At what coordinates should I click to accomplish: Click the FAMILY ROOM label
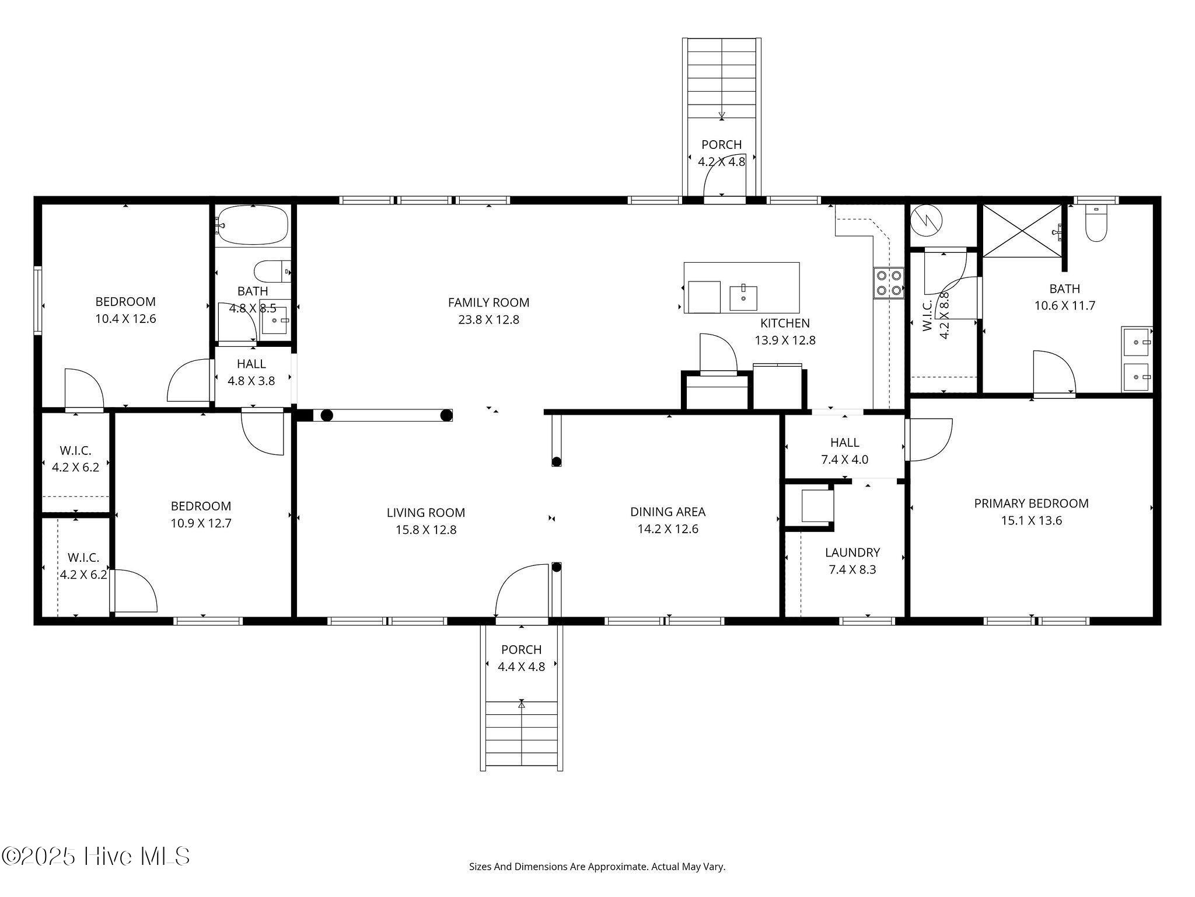pyautogui.click(x=488, y=303)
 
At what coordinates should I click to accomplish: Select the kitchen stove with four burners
pyautogui.click(x=888, y=283)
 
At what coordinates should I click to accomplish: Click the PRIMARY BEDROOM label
pyautogui.click(x=1031, y=503)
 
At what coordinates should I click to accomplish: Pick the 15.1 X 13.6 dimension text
pyautogui.click(x=1031, y=520)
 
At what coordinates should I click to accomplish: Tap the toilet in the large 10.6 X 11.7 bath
pyautogui.click(x=1096, y=224)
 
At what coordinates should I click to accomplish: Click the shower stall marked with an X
pyautogui.click(x=1022, y=230)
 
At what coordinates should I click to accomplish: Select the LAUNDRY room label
pyautogui.click(x=852, y=552)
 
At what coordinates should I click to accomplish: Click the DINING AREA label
pyautogui.click(x=668, y=512)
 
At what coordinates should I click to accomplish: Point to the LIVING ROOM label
pyautogui.click(x=425, y=513)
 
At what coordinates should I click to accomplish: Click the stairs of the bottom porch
pyautogui.click(x=522, y=736)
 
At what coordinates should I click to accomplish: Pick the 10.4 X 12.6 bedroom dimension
pyautogui.click(x=125, y=319)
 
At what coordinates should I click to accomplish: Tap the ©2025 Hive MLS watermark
pyautogui.click(x=96, y=857)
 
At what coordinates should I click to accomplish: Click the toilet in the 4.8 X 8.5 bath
pyautogui.click(x=272, y=272)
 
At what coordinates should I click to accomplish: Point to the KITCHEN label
pyautogui.click(x=785, y=323)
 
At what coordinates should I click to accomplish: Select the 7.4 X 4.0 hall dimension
pyautogui.click(x=844, y=460)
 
